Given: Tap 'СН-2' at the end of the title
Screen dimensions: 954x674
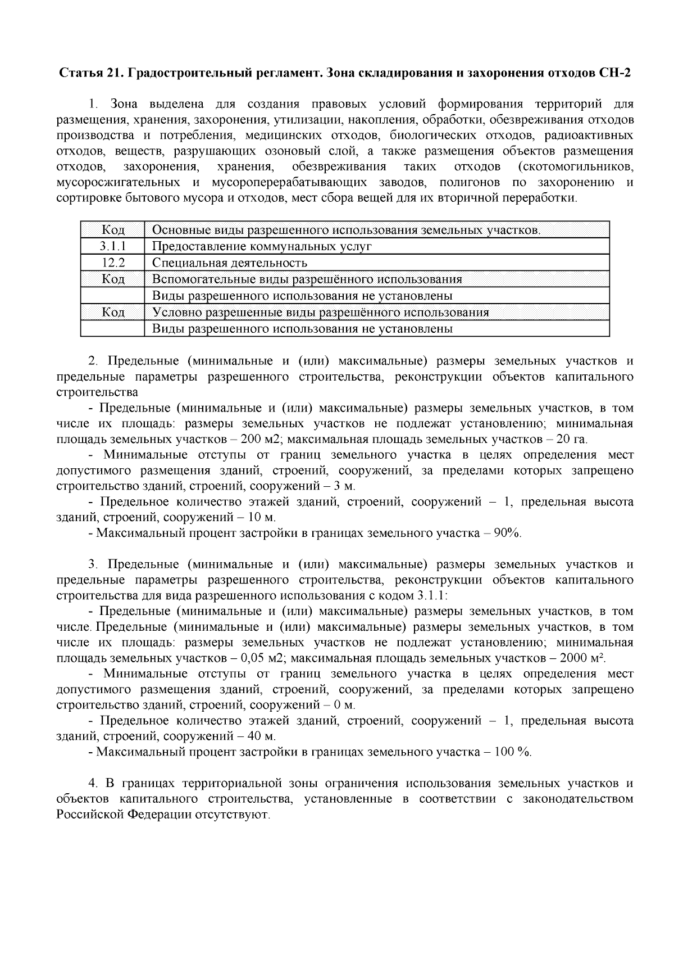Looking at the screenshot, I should click(x=618, y=73).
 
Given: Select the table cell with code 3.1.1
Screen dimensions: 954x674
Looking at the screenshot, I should click(x=113, y=246).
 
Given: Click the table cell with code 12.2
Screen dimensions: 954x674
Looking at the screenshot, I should click(x=113, y=263).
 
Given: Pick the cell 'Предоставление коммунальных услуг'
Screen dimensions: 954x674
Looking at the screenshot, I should click(x=262, y=246).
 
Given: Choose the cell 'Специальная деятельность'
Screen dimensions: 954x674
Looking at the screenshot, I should click(x=230, y=263).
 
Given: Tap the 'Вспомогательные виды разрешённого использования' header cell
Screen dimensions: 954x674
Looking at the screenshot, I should click(x=307, y=279).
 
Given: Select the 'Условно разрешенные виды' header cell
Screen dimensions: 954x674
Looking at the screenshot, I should click(x=321, y=313).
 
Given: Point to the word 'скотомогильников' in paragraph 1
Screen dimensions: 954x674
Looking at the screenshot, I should click(x=579, y=167).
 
